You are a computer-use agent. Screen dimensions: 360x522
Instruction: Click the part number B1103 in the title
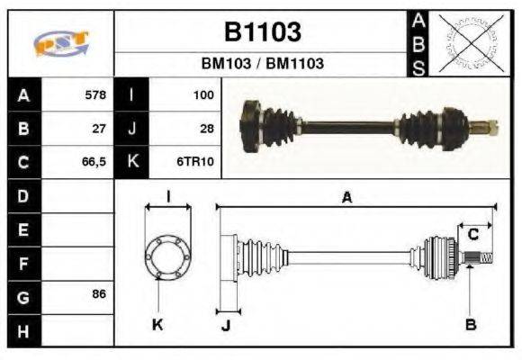262,33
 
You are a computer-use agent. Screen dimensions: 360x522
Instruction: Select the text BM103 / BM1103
262,64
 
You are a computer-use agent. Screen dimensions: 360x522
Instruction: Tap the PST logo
60,43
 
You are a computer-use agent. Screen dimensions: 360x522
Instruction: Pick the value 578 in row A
94,94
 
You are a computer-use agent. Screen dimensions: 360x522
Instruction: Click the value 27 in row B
98,128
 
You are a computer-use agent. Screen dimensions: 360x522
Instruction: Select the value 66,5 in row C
94,162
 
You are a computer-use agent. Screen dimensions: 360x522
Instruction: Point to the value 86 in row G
98,294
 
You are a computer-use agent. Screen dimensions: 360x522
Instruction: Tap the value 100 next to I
202,94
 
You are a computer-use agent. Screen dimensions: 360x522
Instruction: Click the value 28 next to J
206,128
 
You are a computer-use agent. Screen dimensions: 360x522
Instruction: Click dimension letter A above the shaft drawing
346,198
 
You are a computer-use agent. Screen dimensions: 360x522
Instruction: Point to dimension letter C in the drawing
472,236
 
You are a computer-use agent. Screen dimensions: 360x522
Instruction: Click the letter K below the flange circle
157,325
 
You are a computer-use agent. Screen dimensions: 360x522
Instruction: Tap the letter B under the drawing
470,325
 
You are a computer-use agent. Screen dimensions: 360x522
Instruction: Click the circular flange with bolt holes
167,256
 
